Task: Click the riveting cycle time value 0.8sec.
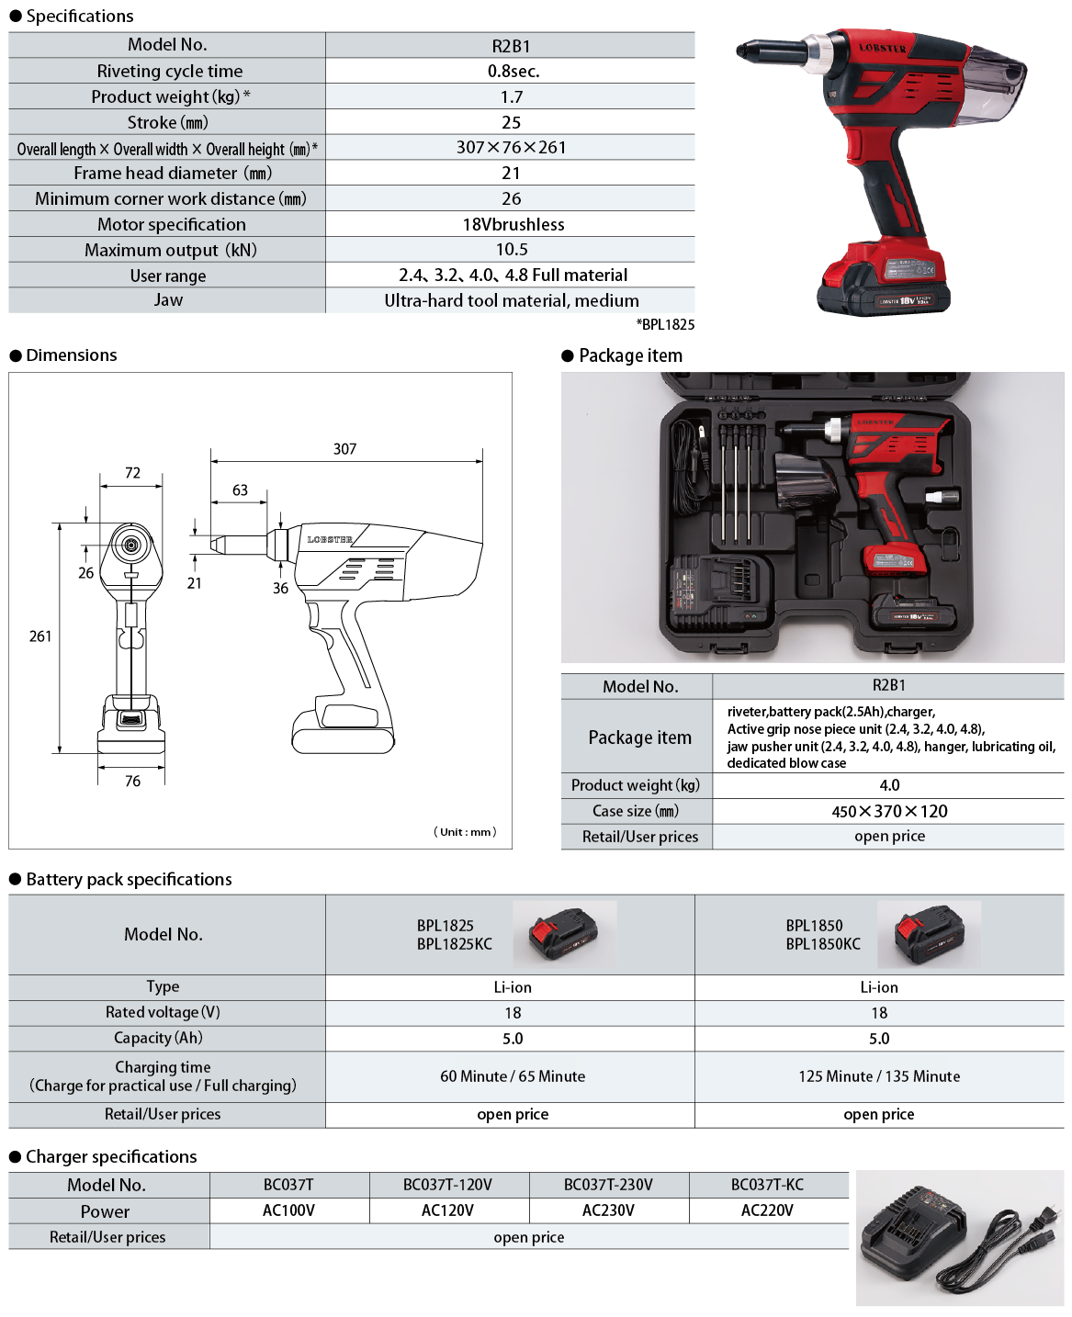513,71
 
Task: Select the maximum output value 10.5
512,249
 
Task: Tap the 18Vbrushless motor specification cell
513,224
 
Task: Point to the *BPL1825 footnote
665,324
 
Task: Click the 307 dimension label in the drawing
345,449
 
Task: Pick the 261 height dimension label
40,636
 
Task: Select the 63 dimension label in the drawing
240,490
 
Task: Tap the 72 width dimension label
132,473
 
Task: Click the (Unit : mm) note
465,832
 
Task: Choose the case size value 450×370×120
889,811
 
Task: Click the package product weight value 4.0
889,785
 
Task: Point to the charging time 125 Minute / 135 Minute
879,1076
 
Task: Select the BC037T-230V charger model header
608,1185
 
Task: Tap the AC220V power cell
767,1210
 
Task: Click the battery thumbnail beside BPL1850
929,934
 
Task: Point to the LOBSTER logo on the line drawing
330,540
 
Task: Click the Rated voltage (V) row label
163,1012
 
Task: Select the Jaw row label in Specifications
168,300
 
